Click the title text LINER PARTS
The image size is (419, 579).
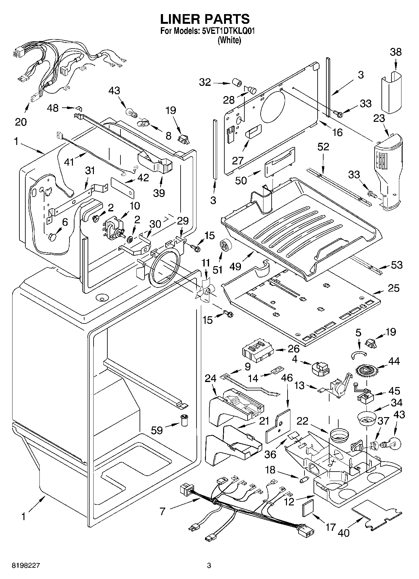(205, 19)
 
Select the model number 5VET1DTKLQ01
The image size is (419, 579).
(228, 31)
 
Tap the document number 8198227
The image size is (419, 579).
(26, 566)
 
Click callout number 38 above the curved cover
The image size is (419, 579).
(396, 52)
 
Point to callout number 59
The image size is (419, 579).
(157, 430)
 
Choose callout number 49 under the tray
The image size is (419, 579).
(235, 266)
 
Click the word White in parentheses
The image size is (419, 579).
(229, 40)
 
